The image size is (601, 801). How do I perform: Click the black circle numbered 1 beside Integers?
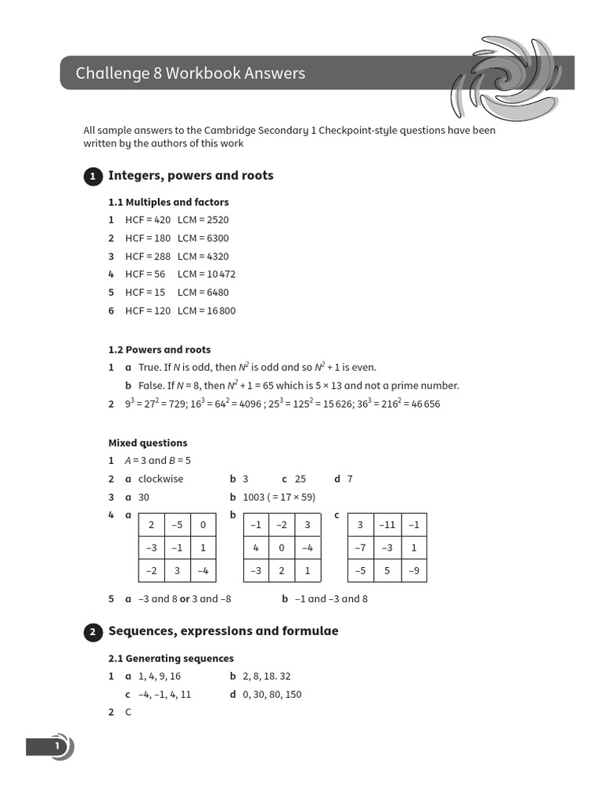(x=92, y=177)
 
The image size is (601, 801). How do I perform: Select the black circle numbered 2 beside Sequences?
(x=92, y=632)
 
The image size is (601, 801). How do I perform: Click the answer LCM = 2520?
(x=203, y=220)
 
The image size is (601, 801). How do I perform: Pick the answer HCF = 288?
(x=148, y=257)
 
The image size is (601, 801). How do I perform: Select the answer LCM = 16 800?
(x=206, y=311)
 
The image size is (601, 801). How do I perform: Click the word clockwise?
(x=160, y=479)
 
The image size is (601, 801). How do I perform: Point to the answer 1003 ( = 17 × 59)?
(x=279, y=497)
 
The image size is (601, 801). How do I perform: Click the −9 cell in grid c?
(x=414, y=570)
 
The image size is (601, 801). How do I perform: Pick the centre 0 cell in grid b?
(x=282, y=548)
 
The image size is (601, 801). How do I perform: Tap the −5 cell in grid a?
(x=177, y=525)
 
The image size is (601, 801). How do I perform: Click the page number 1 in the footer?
(x=56, y=747)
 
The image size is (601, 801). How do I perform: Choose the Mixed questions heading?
(x=147, y=443)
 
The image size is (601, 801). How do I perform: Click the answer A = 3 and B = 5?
(x=157, y=461)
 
